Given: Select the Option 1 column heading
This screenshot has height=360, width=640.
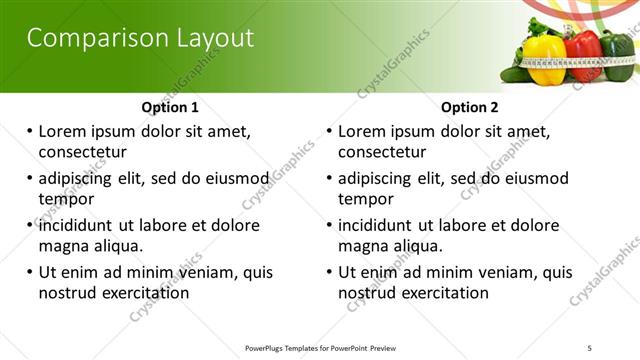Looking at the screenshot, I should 170,107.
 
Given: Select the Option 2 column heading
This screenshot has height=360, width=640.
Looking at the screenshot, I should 470,107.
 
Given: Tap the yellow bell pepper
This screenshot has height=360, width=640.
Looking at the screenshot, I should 544,58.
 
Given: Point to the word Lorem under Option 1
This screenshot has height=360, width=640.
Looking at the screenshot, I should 64,131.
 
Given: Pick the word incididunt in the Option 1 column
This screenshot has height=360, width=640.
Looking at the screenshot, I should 78,225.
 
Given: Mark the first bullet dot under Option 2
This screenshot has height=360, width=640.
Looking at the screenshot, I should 329,132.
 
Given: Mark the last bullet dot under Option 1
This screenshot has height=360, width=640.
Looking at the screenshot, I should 29,272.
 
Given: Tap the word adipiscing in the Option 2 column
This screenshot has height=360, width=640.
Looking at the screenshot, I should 376,179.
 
